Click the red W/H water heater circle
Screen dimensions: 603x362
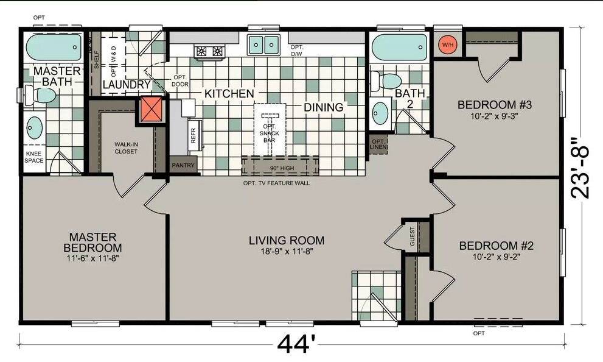[x=448, y=44]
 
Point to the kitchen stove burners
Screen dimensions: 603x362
[x=209, y=52]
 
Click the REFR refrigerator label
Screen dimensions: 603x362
[x=193, y=135]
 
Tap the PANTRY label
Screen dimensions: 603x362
[x=183, y=165]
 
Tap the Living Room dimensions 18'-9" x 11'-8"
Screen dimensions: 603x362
[x=287, y=252]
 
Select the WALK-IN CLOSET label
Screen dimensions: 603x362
[x=126, y=148]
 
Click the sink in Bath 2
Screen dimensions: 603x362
[x=380, y=113]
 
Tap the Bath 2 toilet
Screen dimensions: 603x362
[x=386, y=82]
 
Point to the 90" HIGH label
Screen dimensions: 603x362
[x=282, y=168]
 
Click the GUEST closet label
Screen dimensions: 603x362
[x=413, y=236]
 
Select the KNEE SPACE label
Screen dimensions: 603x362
[x=34, y=157]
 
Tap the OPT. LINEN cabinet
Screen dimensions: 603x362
[x=378, y=144]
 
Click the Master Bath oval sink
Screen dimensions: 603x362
[x=34, y=127]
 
